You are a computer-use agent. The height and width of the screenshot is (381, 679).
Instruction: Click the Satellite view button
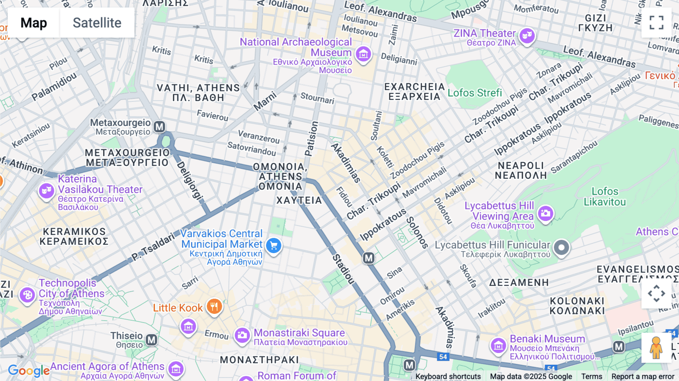point(97,23)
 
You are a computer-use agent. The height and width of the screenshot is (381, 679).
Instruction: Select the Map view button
point(34,23)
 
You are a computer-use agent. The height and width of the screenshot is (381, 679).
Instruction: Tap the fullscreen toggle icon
point(656,23)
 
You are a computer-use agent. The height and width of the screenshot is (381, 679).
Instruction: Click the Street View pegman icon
point(656,347)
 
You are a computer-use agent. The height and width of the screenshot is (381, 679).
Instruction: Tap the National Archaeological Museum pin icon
point(363,54)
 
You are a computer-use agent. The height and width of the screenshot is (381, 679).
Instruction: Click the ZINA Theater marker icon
point(527,36)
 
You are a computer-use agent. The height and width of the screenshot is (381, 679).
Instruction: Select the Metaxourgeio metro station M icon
point(160,127)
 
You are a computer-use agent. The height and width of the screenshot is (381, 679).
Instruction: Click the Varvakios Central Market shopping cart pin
point(274,246)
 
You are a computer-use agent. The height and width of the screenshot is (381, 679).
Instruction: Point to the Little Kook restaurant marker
point(214,306)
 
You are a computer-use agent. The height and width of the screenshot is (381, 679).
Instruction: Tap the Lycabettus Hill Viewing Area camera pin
point(545,214)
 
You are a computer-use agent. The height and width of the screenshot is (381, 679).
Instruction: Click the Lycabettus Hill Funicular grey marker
point(561,248)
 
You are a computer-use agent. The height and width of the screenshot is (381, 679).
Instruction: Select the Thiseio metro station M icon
point(152,340)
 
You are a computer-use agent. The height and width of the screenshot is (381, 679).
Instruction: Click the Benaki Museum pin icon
point(498,345)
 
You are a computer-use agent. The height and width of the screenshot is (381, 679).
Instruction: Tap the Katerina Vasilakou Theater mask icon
point(46,190)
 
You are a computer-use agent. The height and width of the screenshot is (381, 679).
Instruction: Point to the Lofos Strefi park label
point(475,93)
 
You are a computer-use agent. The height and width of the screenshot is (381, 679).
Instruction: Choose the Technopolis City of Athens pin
point(27,295)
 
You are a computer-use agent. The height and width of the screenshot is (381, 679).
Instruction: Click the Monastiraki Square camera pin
point(242,335)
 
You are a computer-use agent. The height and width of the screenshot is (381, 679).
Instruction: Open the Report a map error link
point(643,376)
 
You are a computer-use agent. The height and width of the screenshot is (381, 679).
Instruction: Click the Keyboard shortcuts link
point(448,376)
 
